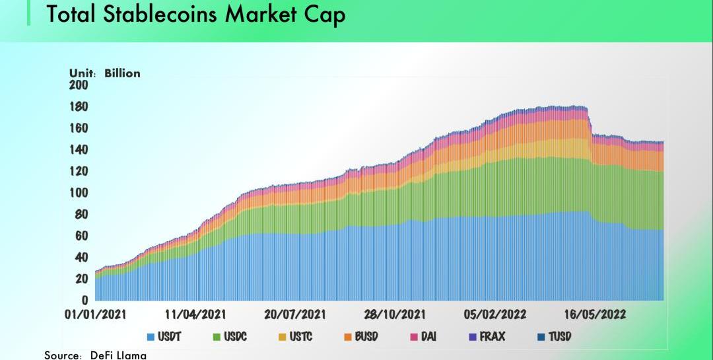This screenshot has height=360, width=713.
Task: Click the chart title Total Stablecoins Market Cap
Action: click(195, 15)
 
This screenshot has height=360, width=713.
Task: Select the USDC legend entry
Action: click(229, 337)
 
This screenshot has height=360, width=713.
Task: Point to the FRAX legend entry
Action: click(487, 337)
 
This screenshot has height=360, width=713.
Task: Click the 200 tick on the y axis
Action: click(79, 85)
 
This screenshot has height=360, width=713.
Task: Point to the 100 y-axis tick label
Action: click(79, 193)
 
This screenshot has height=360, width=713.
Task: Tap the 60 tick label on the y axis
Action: click(81, 236)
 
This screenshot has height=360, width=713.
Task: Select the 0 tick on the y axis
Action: click(85, 301)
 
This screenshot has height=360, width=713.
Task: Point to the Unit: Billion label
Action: click(105, 73)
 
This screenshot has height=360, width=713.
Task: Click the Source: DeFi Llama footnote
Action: click(96, 355)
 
